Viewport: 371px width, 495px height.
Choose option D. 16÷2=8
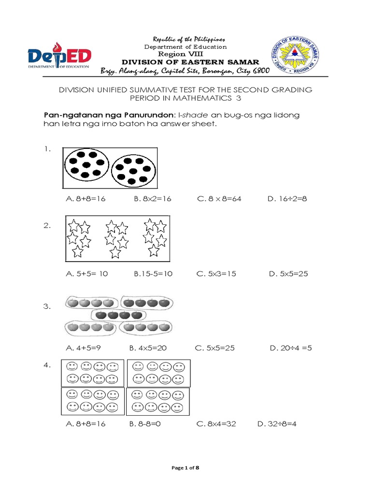pos(286,199)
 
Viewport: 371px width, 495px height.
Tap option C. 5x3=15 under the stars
pos(216,274)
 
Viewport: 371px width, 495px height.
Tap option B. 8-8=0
pos(144,424)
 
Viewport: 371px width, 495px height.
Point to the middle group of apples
pos(117,315)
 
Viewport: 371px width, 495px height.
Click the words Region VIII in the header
pos(185,54)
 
